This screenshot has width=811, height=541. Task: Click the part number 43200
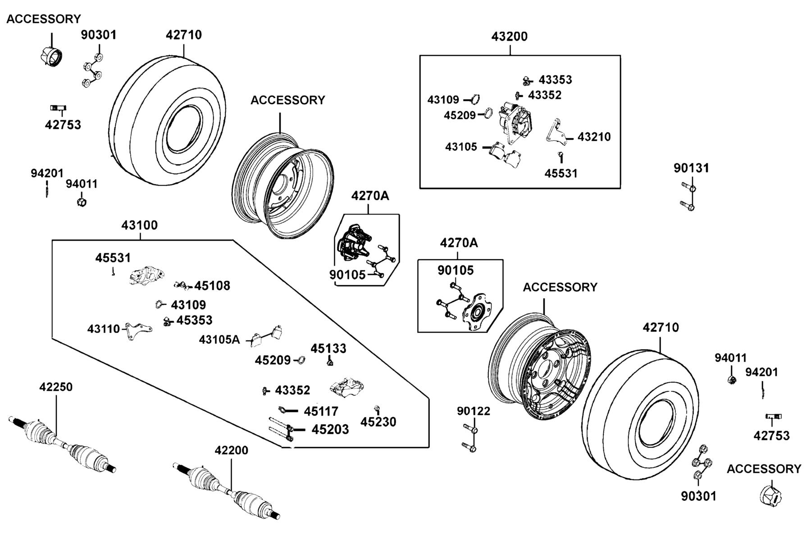tap(509, 37)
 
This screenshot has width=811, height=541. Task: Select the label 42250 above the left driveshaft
tap(56, 387)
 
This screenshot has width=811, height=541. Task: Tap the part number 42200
tap(231, 450)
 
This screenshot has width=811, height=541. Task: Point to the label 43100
tap(139, 225)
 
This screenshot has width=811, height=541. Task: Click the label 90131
tap(691, 168)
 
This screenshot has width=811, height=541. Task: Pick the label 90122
tap(474, 411)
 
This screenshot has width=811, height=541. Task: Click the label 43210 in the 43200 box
tap(594, 137)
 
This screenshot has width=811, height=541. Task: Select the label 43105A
tap(219, 339)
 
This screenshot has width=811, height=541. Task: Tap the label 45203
tap(330, 429)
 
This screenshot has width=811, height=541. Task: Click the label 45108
tap(212, 285)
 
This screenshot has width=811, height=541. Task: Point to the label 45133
tap(328, 348)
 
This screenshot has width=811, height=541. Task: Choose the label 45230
tap(378, 422)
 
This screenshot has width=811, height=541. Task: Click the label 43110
tap(104, 329)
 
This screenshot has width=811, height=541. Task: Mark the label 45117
tap(321, 411)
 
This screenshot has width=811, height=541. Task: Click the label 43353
tap(555, 80)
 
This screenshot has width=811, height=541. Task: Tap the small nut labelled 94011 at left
tap(82, 200)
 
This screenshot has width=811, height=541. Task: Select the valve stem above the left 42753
tap(58, 108)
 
